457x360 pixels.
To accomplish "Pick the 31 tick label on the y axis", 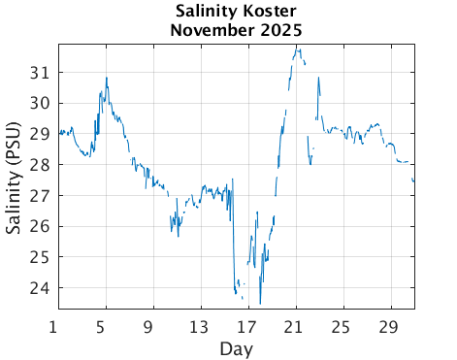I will tap(42, 73).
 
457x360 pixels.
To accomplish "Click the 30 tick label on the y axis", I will tap(42, 104).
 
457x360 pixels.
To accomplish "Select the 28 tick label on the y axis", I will tap(42, 165).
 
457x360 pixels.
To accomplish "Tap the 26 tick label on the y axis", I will tap(42, 226).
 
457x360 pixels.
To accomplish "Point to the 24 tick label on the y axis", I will tap(42, 288).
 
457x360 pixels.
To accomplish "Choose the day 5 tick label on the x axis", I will tap(102, 325).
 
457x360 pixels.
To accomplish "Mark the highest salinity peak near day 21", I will tap(298, 48).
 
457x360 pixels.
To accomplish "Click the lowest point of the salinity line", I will tap(260, 304).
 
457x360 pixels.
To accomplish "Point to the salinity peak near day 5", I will tap(107, 78).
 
